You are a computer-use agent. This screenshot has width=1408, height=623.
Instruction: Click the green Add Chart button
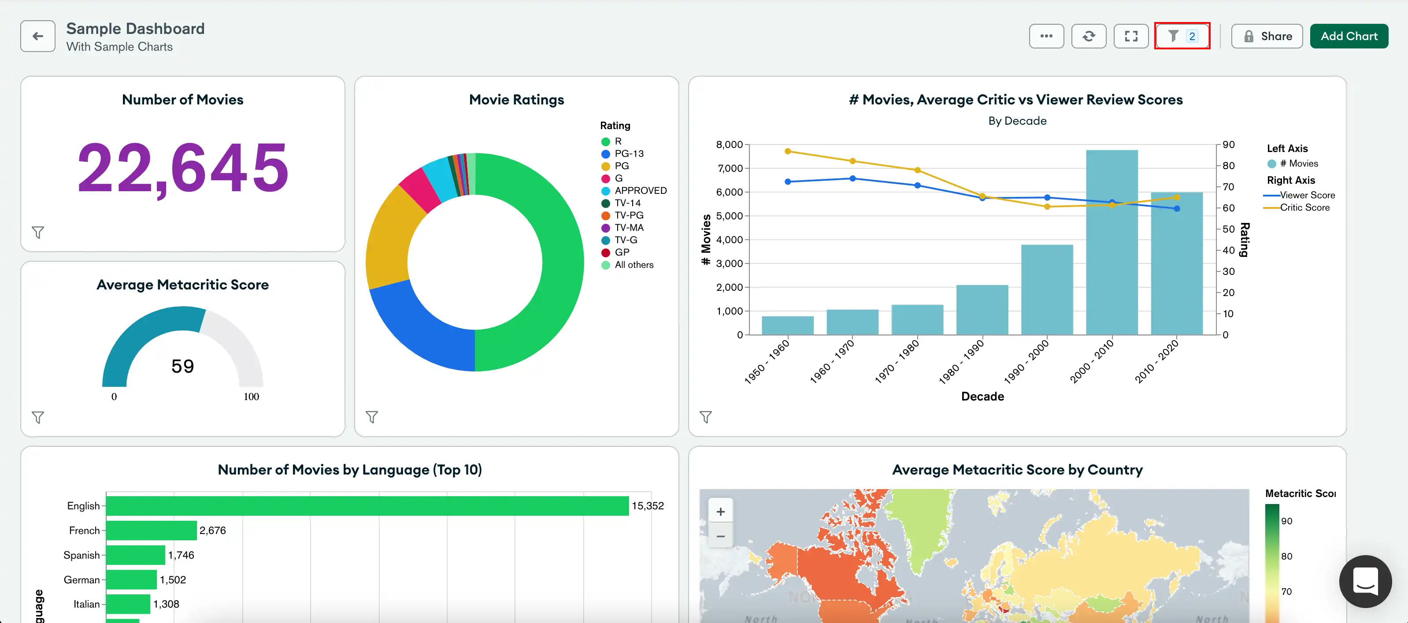[x=1349, y=36]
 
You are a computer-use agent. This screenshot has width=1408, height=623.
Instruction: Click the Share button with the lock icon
[x=1267, y=36]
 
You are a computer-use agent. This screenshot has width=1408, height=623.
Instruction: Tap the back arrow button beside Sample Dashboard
[x=38, y=36]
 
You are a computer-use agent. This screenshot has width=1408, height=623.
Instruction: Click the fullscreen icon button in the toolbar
[x=1131, y=36]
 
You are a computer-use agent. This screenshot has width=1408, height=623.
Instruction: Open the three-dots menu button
[x=1046, y=36]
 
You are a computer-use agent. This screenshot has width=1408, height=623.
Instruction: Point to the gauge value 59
[x=182, y=366]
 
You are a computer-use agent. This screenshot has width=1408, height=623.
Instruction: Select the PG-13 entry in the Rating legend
[x=629, y=154]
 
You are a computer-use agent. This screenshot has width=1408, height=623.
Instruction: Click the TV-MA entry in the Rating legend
[x=629, y=227]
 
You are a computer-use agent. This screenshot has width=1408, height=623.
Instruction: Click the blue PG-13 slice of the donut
[x=421, y=328]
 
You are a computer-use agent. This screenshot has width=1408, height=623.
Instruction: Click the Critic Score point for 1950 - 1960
[x=788, y=152]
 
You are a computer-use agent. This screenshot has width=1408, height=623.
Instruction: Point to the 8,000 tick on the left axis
[x=729, y=145]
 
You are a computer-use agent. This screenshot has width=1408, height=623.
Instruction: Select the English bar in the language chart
[x=366, y=505]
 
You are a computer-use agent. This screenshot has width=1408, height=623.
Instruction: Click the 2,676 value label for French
[x=212, y=530]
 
